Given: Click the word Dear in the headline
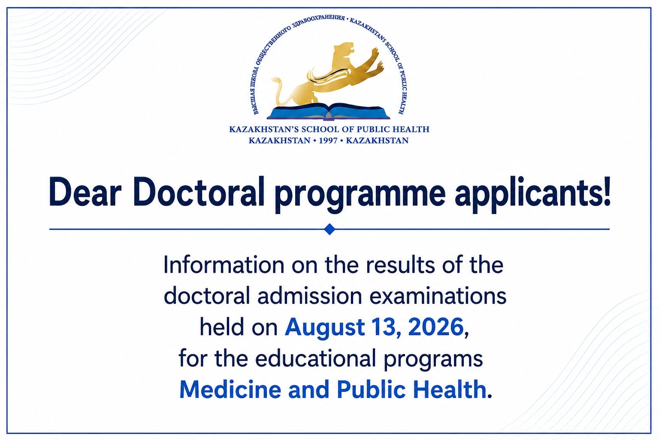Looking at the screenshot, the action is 85,192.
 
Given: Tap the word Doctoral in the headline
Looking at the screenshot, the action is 199,192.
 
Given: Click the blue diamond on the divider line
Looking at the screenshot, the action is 329,229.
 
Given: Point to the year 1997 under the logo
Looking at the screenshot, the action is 328,141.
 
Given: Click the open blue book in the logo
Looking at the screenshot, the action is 328,111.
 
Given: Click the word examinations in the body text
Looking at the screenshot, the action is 438,296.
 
